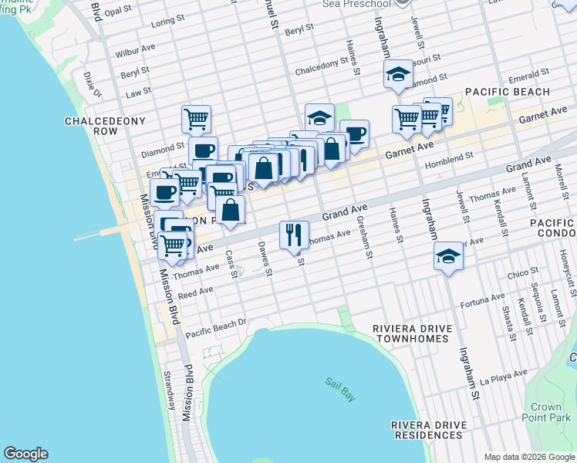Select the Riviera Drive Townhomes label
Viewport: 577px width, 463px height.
tap(410, 333)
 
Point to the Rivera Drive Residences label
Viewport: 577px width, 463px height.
tap(430, 430)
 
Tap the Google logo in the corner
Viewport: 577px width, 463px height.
tap(25, 454)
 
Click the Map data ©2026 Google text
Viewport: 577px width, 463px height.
tap(529, 457)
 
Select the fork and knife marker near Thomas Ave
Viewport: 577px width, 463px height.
tap(294, 235)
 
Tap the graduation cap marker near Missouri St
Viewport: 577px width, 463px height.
tap(398, 73)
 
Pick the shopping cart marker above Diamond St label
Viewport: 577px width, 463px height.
tap(197, 119)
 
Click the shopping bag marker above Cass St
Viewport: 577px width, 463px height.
tap(231, 209)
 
